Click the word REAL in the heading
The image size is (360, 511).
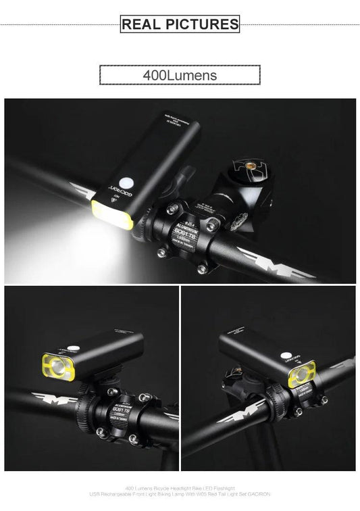coord(140,25)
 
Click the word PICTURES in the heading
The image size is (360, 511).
coord(199,25)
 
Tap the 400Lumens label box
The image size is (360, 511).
coord(180,74)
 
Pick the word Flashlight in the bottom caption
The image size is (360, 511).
coord(222,487)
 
